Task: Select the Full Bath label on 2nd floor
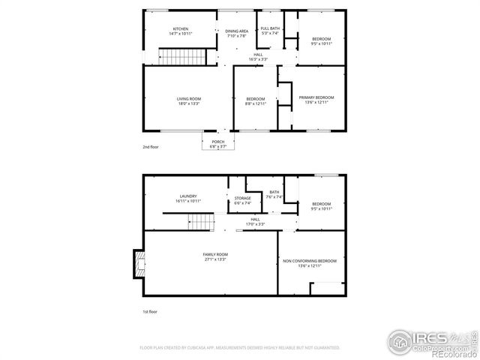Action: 269,31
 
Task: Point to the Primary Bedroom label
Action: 316,100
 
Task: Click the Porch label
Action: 217,144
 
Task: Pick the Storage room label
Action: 243,200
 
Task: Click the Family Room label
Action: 214,257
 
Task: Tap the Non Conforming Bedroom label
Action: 310,262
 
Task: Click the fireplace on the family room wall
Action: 137,263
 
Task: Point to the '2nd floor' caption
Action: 151,148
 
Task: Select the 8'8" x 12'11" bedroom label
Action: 256,102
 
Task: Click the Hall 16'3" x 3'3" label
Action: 258,57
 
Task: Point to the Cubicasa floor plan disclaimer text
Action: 240,348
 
